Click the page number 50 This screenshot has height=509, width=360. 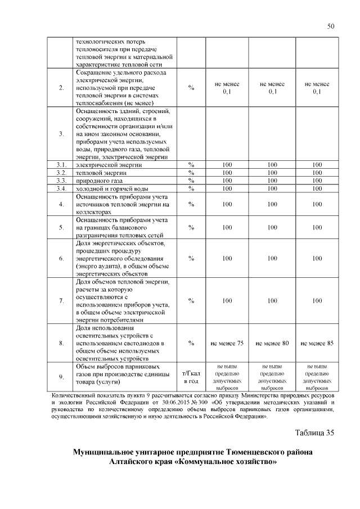point(331,25)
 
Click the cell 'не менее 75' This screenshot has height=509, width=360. point(227,343)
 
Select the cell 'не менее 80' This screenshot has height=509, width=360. point(272,343)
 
